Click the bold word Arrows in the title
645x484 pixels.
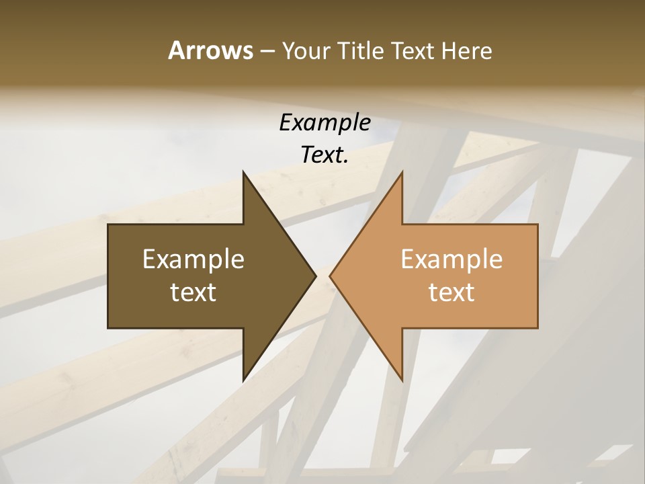[x=210, y=50]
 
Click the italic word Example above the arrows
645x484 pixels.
[x=325, y=122]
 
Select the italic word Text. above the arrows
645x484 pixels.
[x=325, y=155]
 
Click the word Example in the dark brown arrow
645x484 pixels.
[x=193, y=259]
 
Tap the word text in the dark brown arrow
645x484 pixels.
[x=193, y=292]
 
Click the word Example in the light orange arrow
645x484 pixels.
[x=451, y=259]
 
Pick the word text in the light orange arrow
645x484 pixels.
[x=451, y=292]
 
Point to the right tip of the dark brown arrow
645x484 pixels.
[x=316, y=276]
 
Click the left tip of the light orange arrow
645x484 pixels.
[x=330, y=276]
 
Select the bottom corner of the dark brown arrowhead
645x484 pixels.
[x=243, y=381]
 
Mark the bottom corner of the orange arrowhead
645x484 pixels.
[x=402, y=381]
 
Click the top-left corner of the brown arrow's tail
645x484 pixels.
[x=108, y=225]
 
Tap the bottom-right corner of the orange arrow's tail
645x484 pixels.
[x=537, y=328]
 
